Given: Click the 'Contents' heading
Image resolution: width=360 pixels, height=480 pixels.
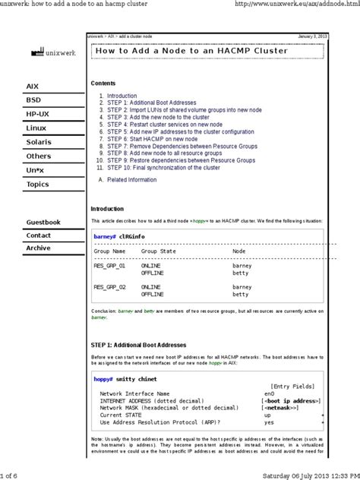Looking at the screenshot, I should point(103,82).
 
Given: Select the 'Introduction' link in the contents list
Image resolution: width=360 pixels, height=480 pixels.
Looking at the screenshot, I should point(122,96).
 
